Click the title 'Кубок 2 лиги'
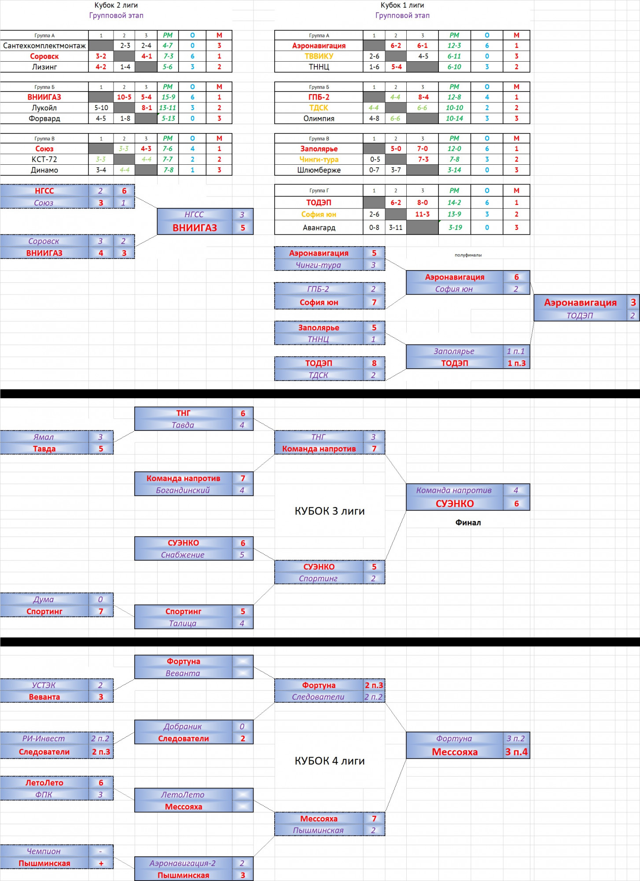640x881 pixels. click(116, 5)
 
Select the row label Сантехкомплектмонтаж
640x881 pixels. click(44, 45)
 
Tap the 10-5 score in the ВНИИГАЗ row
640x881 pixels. click(124, 97)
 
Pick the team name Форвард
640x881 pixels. click(44, 118)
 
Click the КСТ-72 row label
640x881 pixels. click(44, 159)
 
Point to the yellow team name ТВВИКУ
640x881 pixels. click(319, 56)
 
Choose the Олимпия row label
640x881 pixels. click(319, 118)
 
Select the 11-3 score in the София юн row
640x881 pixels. click(423, 214)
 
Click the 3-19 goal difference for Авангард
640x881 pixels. click(455, 227)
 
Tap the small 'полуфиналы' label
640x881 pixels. click(468, 255)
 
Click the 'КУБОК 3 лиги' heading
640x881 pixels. click(330, 511)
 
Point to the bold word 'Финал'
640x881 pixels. click(468, 522)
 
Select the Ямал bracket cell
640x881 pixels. click(44, 437)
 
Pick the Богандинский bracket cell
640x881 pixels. click(183, 490)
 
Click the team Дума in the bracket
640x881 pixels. click(44, 600)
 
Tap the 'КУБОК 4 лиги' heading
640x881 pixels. click(330, 761)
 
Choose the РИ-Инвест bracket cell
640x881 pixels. click(44, 738)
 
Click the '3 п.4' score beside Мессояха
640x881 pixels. click(516, 752)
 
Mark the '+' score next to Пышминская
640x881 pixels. click(101, 863)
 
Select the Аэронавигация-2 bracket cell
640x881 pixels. click(183, 863)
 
